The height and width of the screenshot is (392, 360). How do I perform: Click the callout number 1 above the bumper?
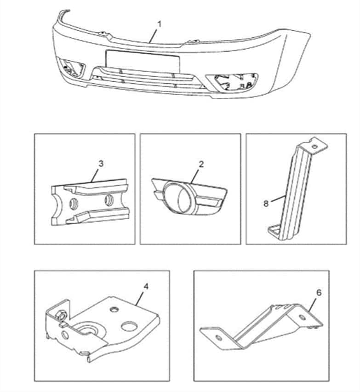pos(159,24)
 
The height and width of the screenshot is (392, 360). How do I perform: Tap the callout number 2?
pos(201,164)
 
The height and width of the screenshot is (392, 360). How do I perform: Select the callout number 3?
pos(101,164)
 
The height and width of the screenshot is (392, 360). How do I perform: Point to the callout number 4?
pos(146,286)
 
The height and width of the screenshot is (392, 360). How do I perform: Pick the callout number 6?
pos(319,292)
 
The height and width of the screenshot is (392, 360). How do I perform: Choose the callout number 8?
pos(266,204)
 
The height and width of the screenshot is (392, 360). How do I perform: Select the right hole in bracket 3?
pos(109,200)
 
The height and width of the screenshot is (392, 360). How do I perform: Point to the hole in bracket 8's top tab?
pos(315,146)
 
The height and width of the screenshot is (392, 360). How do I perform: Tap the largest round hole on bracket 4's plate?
pos(129,326)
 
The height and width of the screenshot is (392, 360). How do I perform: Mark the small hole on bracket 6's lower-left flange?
pos(219,338)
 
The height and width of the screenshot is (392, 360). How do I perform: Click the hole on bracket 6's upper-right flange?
pos(302,318)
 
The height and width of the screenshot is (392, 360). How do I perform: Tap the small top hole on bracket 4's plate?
pos(114,309)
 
